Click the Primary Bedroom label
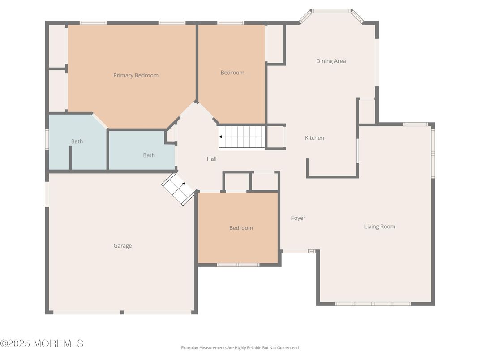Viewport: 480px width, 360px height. (136, 75)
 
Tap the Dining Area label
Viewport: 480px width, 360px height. (331, 61)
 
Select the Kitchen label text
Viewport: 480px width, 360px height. (314, 138)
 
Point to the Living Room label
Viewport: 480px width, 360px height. (380, 227)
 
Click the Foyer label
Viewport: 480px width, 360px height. (298, 218)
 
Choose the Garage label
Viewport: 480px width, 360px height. (122, 246)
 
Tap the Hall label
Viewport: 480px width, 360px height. (211, 159)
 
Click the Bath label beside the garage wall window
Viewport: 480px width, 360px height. (77, 141)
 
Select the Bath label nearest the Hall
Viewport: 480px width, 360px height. (149, 155)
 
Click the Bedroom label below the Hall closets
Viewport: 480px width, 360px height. (241, 228)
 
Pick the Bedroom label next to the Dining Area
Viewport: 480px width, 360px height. (232, 73)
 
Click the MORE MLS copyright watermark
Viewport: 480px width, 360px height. (42, 343)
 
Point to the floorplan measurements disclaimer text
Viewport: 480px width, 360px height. (240, 347)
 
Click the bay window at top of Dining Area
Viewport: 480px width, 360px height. (331, 11)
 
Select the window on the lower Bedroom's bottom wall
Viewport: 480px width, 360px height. (238, 265)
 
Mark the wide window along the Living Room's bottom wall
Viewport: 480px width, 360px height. (373, 304)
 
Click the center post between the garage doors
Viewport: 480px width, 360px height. (122, 312)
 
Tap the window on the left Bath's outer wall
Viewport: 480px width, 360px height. (47, 139)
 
